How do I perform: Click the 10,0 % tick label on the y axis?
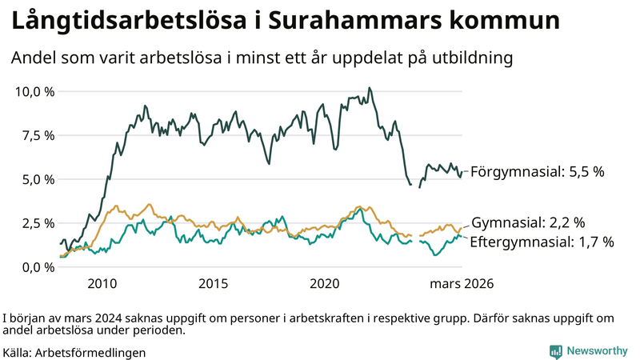[34, 91]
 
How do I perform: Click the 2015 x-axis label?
[214, 284]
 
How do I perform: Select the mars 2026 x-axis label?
[462, 284]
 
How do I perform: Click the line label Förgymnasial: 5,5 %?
[537, 172]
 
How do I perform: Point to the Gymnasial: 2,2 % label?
[528, 222]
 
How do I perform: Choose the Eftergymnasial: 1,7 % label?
[542, 242]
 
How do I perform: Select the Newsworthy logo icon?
[555, 351]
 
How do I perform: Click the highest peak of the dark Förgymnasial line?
[369, 88]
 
